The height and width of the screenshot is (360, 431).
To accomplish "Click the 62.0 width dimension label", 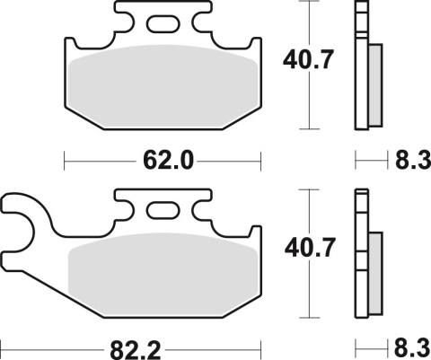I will coord(164,162).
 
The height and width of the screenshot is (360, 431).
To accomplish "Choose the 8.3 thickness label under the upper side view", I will coord(409,162).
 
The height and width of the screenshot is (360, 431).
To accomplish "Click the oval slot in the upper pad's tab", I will coord(163,25).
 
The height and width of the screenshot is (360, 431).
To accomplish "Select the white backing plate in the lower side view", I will coord(361,256).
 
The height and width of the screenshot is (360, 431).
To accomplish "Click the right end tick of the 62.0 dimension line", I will coord(260,162).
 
